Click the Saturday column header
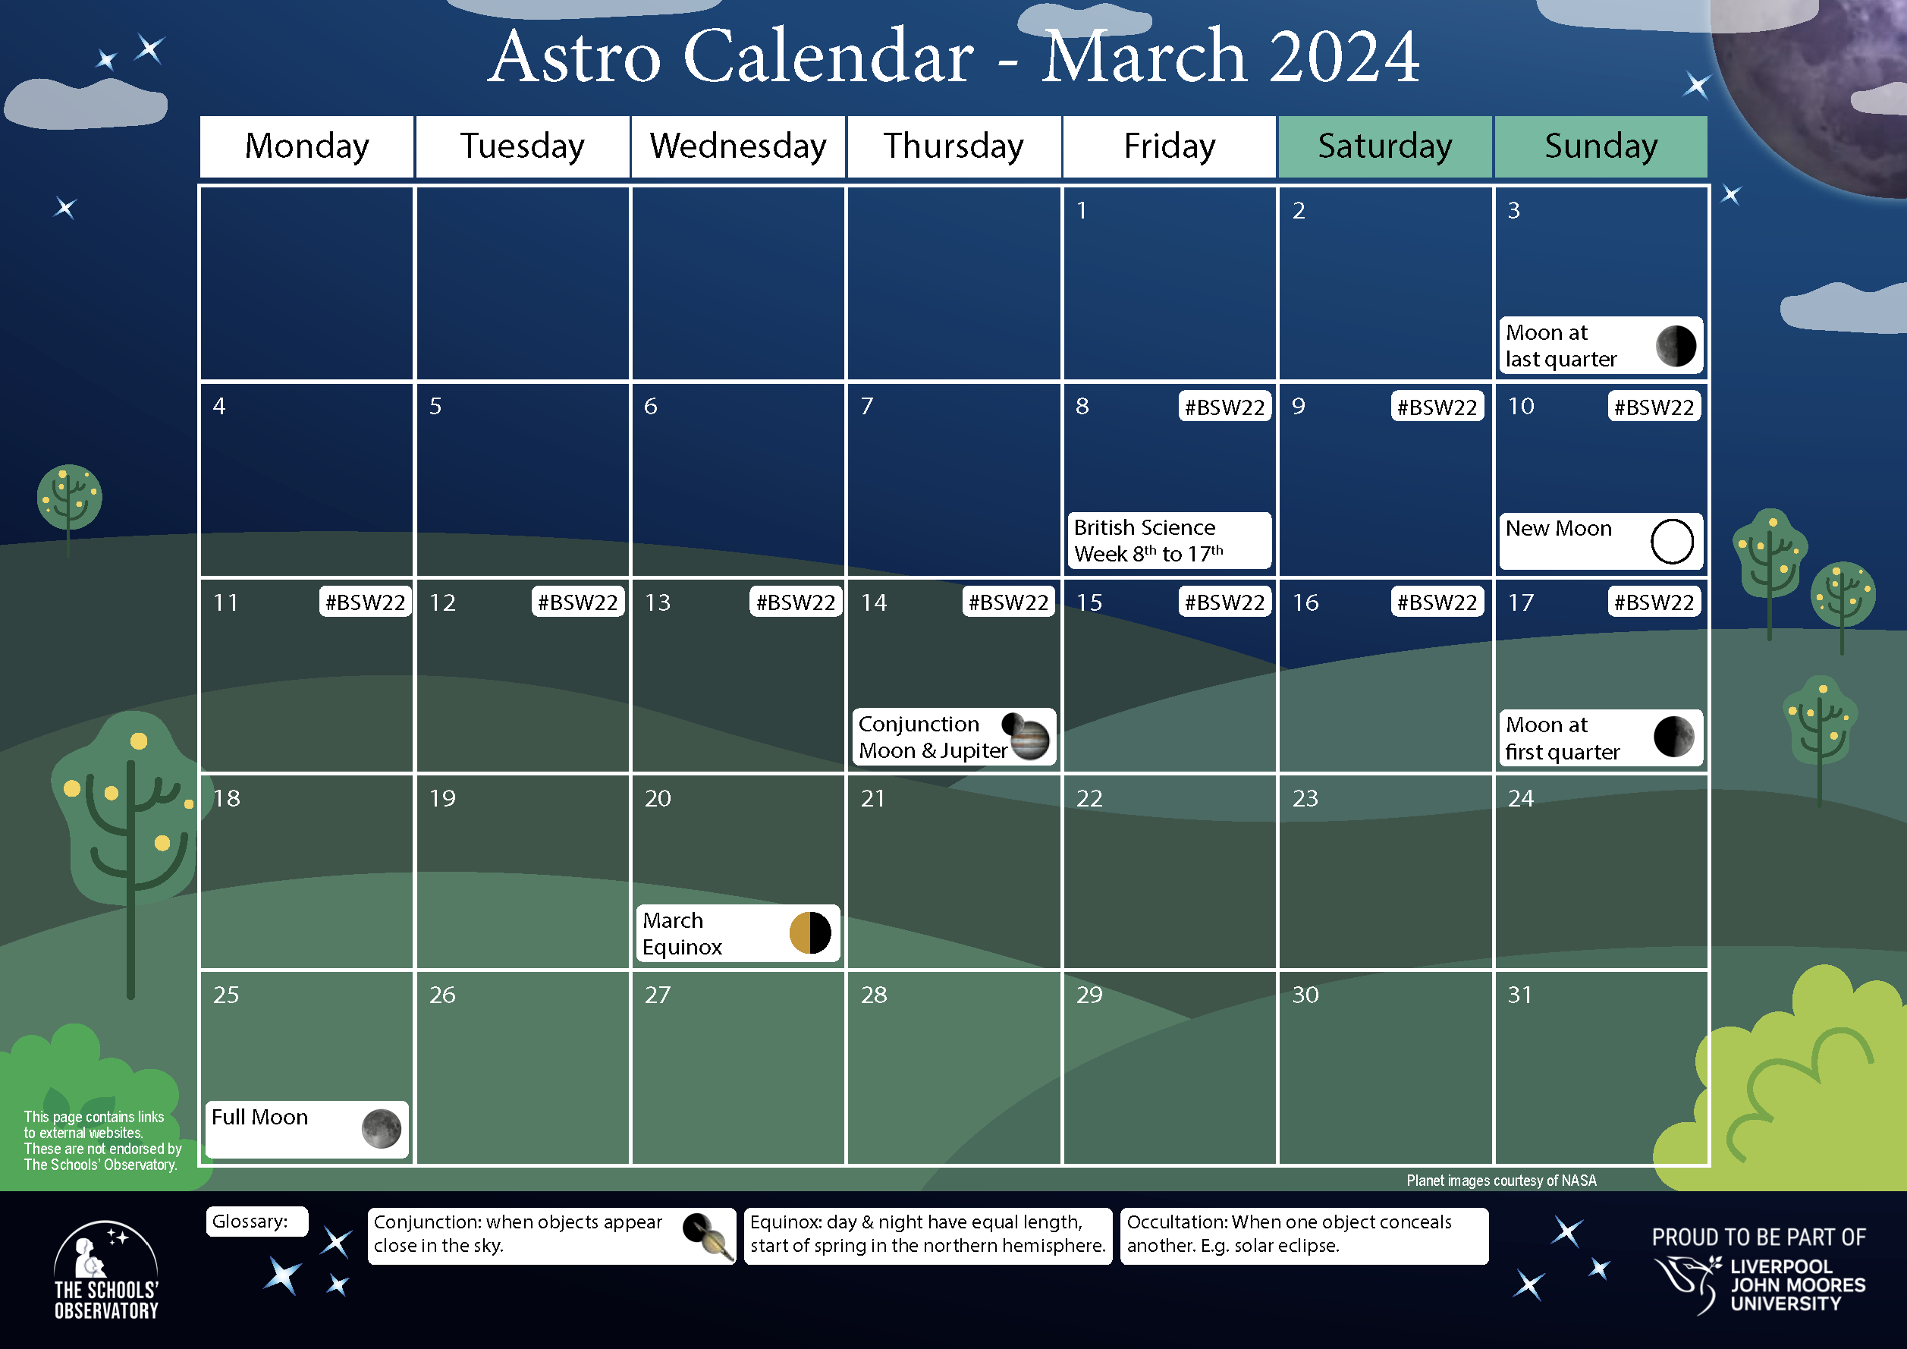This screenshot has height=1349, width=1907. [x=1384, y=147]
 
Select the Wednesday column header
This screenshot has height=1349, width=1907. [x=737, y=147]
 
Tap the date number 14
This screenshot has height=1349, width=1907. [x=873, y=602]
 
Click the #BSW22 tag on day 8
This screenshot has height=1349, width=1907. [x=1224, y=407]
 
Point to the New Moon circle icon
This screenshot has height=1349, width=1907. [x=1671, y=542]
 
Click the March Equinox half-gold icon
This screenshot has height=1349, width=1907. [x=810, y=932]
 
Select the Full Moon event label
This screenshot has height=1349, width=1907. [x=260, y=1118]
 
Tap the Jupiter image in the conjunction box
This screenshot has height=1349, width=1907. [x=1030, y=739]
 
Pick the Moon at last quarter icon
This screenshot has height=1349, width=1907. [x=1676, y=345]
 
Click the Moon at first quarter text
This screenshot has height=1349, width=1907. [x=1562, y=737]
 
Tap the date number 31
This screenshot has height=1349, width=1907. [x=1519, y=995]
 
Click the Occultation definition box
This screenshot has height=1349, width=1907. [x=1303, y=1235]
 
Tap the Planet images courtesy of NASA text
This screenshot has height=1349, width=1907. [x=1501, y=1181]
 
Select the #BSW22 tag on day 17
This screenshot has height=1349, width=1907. [x=1653, y=602]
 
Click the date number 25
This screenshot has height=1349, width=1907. [x=226, y=995]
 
